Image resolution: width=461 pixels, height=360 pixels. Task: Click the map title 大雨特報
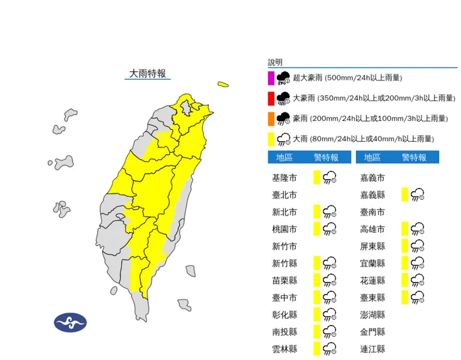(148, 74)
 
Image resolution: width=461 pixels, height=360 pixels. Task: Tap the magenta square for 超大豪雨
(271, 78)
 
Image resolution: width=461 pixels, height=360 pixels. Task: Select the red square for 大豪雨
(271, 98)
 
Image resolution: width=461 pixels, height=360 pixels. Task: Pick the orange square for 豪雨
(271, 119)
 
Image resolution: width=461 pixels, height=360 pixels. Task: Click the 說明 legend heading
(275, 62)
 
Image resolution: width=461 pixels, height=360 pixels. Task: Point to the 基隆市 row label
(284, 178)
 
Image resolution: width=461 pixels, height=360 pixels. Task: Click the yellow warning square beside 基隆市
(317, 178)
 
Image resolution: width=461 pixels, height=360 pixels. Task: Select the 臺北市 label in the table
(284, 195)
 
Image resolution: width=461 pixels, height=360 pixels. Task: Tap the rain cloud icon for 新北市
(329, 212)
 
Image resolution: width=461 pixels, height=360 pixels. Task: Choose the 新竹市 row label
(284, 246)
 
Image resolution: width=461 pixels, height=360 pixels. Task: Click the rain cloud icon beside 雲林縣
(329, 349)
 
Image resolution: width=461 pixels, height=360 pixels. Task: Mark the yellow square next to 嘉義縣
(404, 195)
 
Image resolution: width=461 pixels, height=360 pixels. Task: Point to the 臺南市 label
(372, 212)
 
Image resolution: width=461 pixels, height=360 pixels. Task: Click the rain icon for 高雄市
(418, 229)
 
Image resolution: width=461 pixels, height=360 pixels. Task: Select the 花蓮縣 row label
(372, 281)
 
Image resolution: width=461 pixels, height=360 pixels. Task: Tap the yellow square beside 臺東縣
(404, 298)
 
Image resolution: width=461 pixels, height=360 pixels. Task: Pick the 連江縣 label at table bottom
(372, 349)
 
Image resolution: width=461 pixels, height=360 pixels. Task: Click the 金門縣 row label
(372, 332)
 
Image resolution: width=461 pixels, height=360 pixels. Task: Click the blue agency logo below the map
(71, 322)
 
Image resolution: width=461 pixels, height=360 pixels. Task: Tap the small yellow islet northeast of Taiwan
(223, 85)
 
